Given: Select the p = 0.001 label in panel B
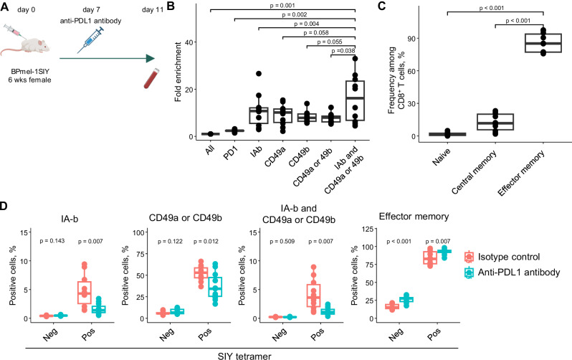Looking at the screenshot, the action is click(282, 6).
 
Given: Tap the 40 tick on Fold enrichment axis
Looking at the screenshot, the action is click(189, 42).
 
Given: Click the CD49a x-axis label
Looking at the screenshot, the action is click(275, 156).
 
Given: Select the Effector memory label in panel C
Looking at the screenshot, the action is click(521, 173).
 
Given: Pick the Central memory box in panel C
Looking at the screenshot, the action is click(495, 122).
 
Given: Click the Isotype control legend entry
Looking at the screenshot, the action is click(502, 257).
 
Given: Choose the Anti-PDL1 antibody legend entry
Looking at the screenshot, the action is click(512, 273).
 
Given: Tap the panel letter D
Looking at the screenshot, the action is click(4, 206).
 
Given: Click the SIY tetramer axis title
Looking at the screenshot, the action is click(244, 356).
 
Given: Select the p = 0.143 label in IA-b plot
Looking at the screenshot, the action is click(52, 241).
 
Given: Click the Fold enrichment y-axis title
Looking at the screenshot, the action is click(178, 72).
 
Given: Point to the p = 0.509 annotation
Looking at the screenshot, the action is click(282, 242).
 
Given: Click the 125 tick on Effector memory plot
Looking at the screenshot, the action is click(368, 229).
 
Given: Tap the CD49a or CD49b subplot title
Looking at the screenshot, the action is click(186, 218).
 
